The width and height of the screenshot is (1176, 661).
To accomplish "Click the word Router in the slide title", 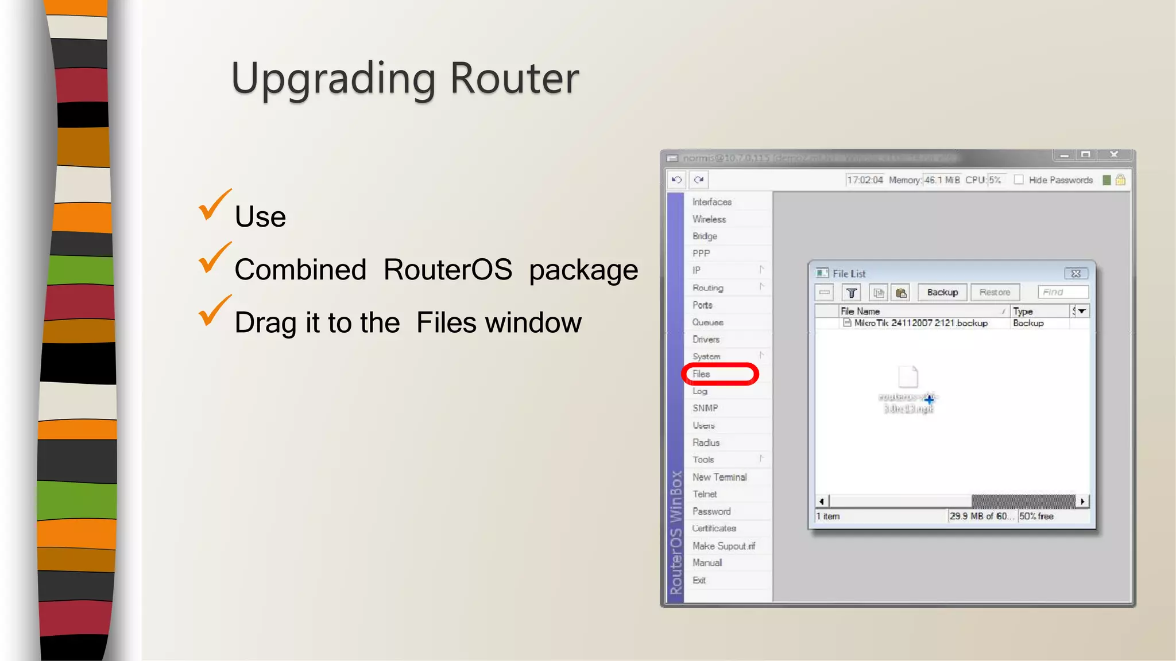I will (x=514, y=78).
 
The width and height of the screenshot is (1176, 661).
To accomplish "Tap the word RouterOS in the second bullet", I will (x=447, y=270).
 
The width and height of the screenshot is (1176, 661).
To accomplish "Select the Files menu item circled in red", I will (x=702, y=374).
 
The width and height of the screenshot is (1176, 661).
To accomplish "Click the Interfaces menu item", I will (x=712, y=202).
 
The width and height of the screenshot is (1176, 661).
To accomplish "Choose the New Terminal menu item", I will (x=719, y=477).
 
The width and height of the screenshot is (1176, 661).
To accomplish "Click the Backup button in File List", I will (x=942, y=293).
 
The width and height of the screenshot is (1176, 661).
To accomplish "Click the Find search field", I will (x=1063, y=293).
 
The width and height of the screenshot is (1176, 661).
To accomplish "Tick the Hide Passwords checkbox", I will (x=1019, y=180).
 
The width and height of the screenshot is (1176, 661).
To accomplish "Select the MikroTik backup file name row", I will (x=920, y=323).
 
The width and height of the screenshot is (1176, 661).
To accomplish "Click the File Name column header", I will (x=860, y=311).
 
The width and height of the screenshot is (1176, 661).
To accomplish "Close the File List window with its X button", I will (x=1076, y=274).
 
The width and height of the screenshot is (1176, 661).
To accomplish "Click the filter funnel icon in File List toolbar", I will (x=852, y=293).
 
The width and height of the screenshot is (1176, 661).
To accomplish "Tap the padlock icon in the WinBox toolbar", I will (x=1120, y=180).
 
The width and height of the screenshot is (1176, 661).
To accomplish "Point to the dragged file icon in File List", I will (x=908, y=377).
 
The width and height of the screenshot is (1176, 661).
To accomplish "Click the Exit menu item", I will (x=699, y=580).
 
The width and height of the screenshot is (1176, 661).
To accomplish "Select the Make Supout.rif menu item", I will (x=724, y=546).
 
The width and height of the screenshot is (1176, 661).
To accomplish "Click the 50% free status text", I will (x=1036, y=516).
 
